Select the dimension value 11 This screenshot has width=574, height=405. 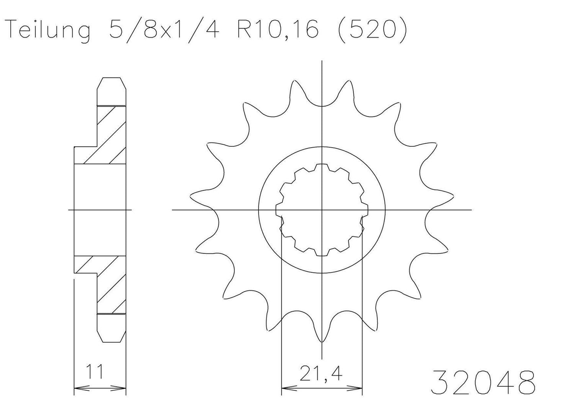point(95,372)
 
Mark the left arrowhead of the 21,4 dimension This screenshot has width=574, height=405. point(285,387)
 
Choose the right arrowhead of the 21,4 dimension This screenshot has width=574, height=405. point(358,387)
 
